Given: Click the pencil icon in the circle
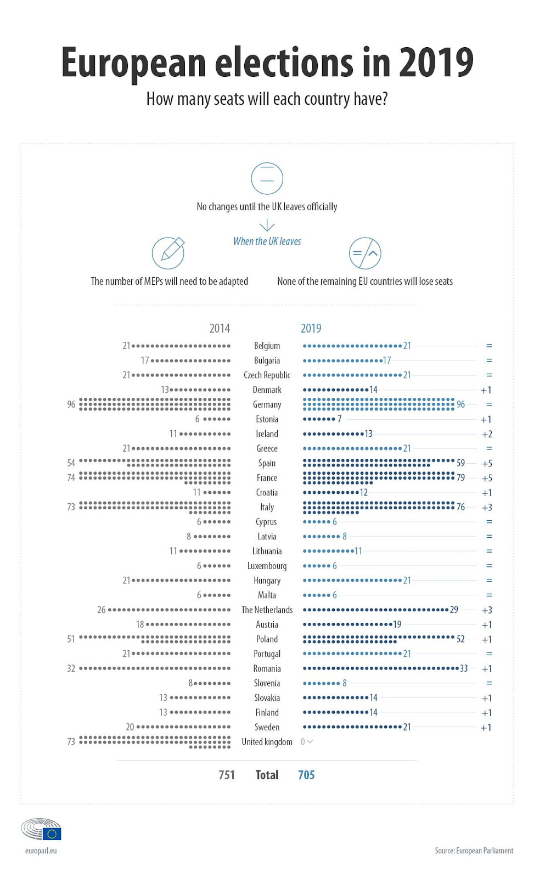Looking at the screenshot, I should point(168,253).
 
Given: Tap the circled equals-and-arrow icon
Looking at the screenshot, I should point(365,253).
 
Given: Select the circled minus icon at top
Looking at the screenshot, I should point(267,178).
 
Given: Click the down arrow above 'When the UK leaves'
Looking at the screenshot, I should point(267,225).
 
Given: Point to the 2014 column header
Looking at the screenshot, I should point(220,328).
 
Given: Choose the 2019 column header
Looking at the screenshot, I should point(311,328).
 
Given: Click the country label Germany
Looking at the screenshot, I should point(267,404).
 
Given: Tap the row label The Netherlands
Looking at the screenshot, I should point(267,610).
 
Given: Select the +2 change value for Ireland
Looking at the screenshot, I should point(487,434).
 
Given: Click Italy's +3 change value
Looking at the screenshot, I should point(487,508).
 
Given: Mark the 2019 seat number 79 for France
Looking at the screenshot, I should point(460,478).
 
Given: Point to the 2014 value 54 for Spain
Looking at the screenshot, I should point(71,463).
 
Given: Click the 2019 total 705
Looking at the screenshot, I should point(306,775).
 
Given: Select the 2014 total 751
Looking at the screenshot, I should point(227,775).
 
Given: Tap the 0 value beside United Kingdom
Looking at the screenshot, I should point(303,742).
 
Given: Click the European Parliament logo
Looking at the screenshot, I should point(41,829).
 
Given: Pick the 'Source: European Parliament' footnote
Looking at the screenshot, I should point(474,851).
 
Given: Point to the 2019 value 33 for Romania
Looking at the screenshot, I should point(464,668).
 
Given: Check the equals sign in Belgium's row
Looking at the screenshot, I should point(489,346).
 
